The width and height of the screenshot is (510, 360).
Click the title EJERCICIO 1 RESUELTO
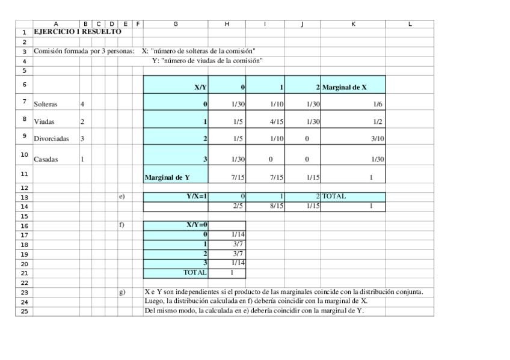(77, 31)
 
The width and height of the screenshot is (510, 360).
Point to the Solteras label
(46, 105)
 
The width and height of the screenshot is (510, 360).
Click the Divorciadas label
(51, 139)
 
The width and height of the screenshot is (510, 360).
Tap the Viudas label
(44, 122)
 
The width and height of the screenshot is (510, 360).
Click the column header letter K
(353, 24)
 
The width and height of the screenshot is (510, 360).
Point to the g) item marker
(122, 292)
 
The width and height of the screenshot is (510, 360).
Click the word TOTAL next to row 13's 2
(334, 197)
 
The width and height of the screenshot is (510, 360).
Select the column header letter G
(176, 24)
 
